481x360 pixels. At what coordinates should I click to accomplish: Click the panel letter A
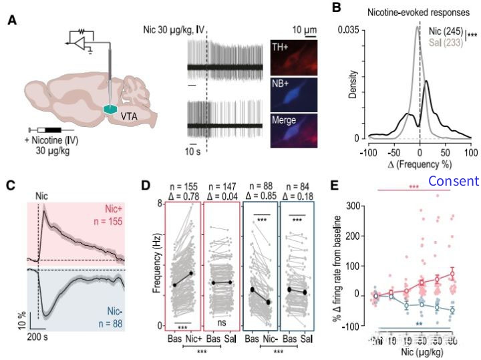[12, 20]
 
